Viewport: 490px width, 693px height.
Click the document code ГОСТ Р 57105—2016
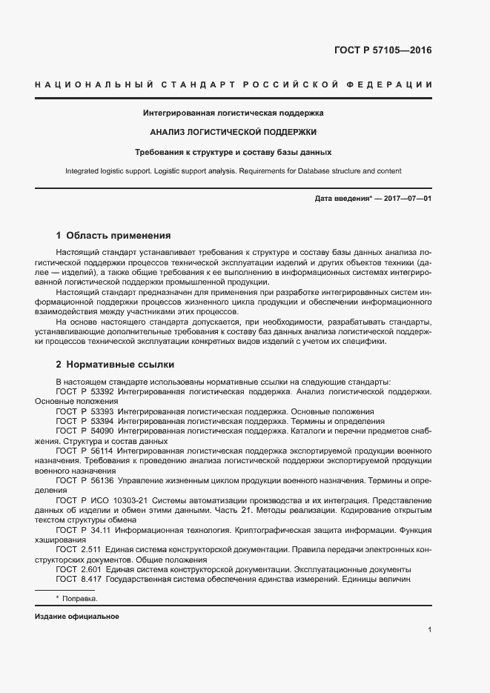383,51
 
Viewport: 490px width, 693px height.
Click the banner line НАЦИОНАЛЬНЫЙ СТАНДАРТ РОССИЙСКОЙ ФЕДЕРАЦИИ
234,86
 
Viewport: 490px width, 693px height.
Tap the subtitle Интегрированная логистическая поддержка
233,113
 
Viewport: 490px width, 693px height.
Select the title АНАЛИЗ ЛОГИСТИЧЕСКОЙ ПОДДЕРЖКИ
233,133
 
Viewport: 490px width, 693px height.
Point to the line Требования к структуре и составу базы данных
233,152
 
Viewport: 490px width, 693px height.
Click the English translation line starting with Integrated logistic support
233,171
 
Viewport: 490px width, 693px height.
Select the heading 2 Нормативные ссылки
115,365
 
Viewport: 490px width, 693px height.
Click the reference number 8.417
91,578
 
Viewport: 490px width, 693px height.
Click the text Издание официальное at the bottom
76,617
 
